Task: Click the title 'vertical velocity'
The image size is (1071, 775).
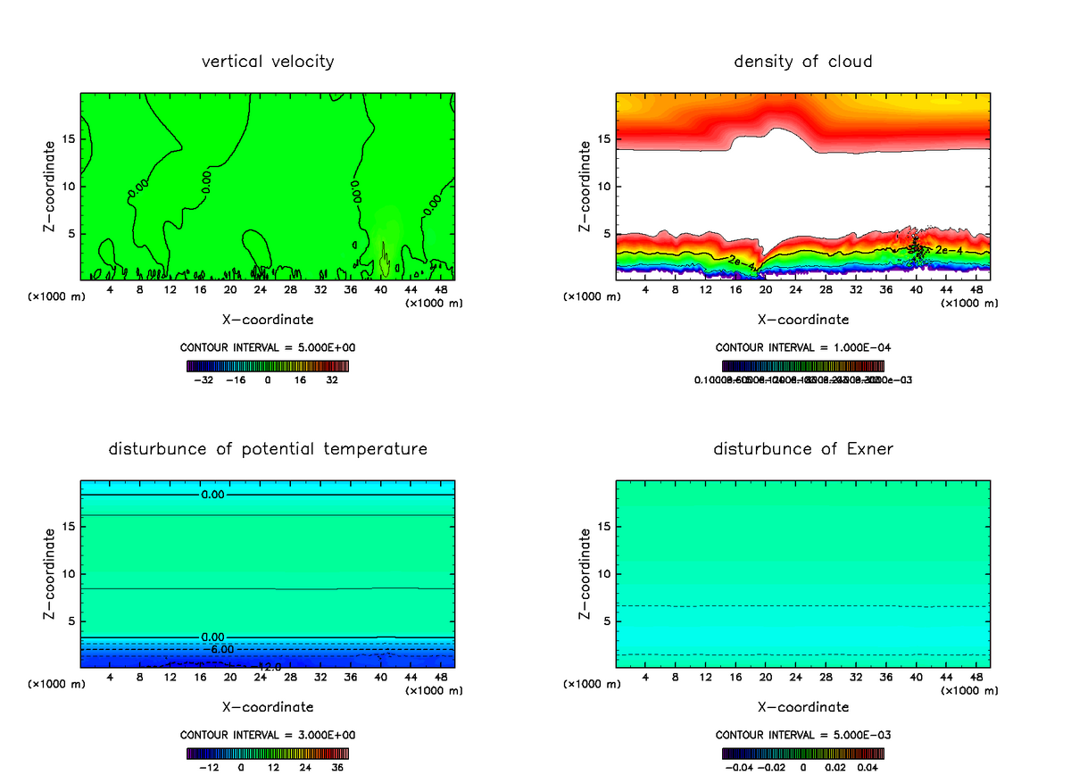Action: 268,62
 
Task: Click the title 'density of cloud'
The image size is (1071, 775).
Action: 803,62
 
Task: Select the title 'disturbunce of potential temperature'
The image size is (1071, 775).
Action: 268,449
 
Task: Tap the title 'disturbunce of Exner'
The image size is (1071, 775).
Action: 803,449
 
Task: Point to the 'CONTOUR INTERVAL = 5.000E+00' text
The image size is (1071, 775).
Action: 268,346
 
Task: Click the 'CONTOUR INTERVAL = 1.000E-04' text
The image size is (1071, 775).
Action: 803,346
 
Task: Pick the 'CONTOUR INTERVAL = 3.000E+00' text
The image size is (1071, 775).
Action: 268,734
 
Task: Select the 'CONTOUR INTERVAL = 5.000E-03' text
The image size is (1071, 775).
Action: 803,734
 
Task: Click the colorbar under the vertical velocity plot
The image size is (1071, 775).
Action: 268,366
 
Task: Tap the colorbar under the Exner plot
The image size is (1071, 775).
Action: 803,754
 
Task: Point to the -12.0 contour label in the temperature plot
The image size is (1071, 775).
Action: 268,666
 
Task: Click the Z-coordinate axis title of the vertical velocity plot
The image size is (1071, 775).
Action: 51,187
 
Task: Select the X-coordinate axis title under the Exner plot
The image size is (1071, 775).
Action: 803,707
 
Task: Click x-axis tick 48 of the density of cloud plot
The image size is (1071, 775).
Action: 976,290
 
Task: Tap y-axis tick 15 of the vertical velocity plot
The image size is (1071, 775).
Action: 69,138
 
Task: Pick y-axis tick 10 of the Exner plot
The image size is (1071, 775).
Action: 604,574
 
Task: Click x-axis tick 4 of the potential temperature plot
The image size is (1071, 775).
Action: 110,678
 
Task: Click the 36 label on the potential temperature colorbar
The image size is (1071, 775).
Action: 338,766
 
